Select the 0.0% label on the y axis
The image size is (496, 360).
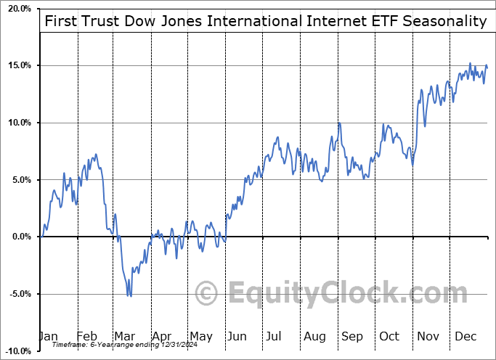tap(22, 237)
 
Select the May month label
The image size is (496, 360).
tap(200, 336)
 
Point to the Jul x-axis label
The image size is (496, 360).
tap(273, 336)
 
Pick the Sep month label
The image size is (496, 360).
tap(352, 336)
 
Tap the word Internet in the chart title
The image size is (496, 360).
tap(308, 20)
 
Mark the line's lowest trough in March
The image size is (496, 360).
tap(130, 295)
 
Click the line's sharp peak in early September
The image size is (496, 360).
tap(338, 123)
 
